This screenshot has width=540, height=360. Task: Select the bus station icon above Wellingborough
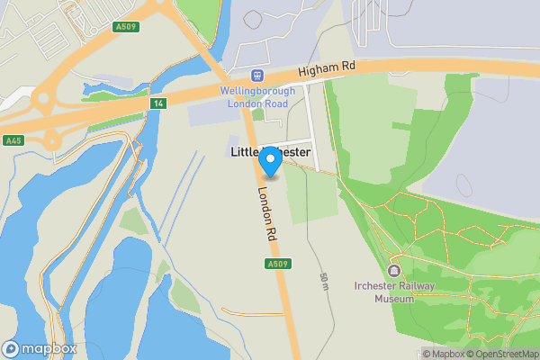click(258, 76)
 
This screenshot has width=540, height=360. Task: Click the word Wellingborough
click(257, 90)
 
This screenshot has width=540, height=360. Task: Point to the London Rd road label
click(266, 212)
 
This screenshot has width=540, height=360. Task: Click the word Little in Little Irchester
click(242, 154)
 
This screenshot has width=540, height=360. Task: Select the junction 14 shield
click(159, 104)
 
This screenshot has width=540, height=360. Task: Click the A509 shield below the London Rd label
click(277, 264)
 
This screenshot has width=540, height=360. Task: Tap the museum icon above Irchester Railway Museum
click(393, 271)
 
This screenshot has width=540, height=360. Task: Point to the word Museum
click(394, 299)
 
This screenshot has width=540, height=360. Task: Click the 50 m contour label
click(322, 281)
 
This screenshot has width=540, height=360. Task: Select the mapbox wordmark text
click(49, 348)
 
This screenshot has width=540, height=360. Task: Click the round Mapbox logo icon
click(12, 348)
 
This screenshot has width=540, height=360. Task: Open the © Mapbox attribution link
click(442, 354)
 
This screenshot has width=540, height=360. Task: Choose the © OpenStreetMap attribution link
click(501, 354)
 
